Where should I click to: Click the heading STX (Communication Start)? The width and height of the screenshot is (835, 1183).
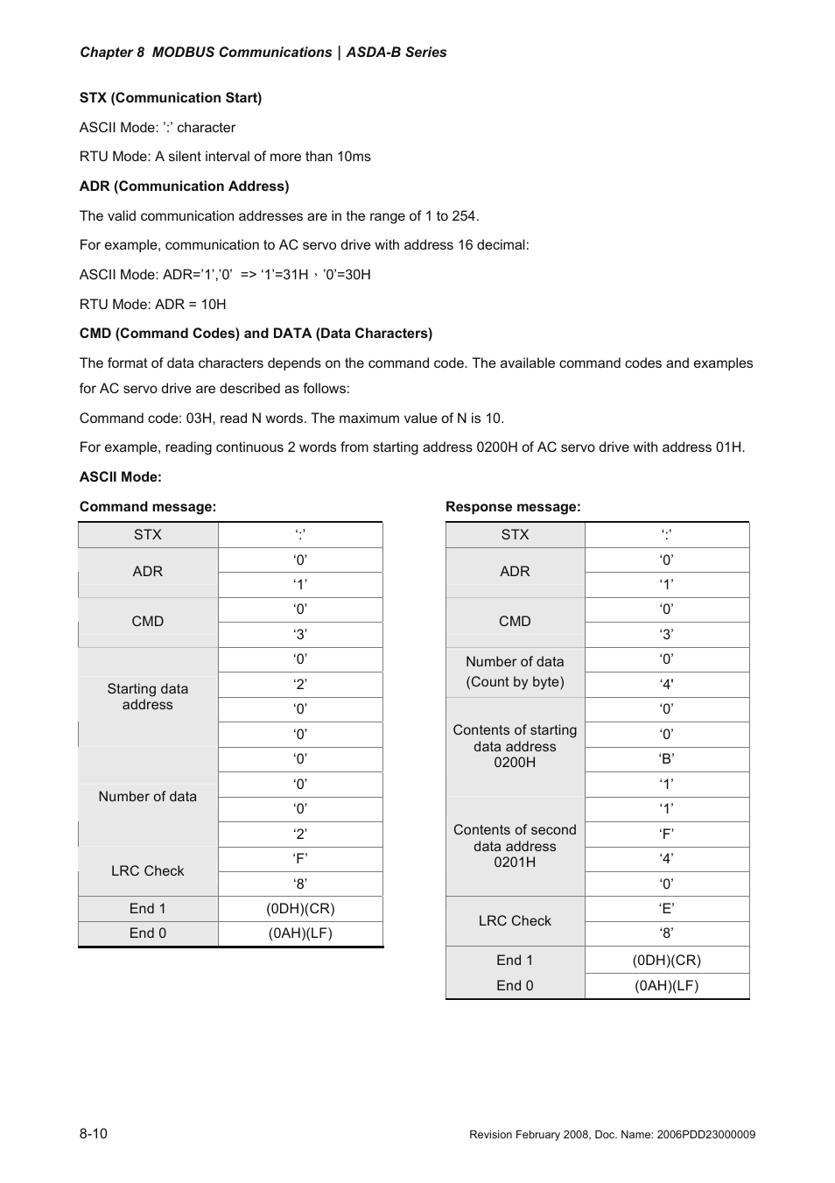pyautogui.click(x=171, y=98)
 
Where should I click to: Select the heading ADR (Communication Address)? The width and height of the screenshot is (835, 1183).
pyautogui.click(x=184, y=187)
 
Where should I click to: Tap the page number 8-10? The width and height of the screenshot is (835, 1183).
pyautogui.click(x=94, y=1134)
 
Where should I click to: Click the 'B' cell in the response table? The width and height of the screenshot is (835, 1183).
pyautogui.click(x=667, y=759)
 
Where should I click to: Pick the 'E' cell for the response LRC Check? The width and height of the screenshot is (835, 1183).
pyautogui.click(x=667, y=909)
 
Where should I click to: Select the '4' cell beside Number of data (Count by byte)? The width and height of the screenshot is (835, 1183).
pyautogui.click(x=667, y=684)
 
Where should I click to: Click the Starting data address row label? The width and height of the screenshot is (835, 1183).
pyautogui.click(x=147, y=697)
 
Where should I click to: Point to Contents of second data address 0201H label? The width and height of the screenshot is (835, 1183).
pyautogui.click(x=515, y=846)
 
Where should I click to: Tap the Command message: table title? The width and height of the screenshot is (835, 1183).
pyautogui.click(x=147, y=507)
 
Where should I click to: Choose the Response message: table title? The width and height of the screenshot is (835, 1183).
pyautogui.click(x=513, y=507)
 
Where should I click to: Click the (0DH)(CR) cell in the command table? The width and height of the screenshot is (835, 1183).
pyautogui.click(x=300, y=909)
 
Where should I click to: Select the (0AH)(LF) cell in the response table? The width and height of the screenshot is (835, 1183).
pyautogui.click(x=667, y=986)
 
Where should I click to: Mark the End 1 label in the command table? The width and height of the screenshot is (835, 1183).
pyautogui.click(x=147, y=909)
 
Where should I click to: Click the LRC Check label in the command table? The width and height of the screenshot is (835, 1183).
pyautogui.click(x=147, y=871)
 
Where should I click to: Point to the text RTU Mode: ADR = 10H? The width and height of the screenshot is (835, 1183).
pyautogui.click(x=152, y=305)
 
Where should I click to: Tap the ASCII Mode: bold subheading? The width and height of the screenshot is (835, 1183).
pyautogui.click(x=120, y=477)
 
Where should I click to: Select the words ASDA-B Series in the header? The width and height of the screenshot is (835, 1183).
pyautogui.click(x=396, y=53)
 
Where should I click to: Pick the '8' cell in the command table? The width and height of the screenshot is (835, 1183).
pyautogui.click(x=300, y=884)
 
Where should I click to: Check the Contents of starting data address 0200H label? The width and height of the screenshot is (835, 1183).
pyautogui.click(x=515, y=746)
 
